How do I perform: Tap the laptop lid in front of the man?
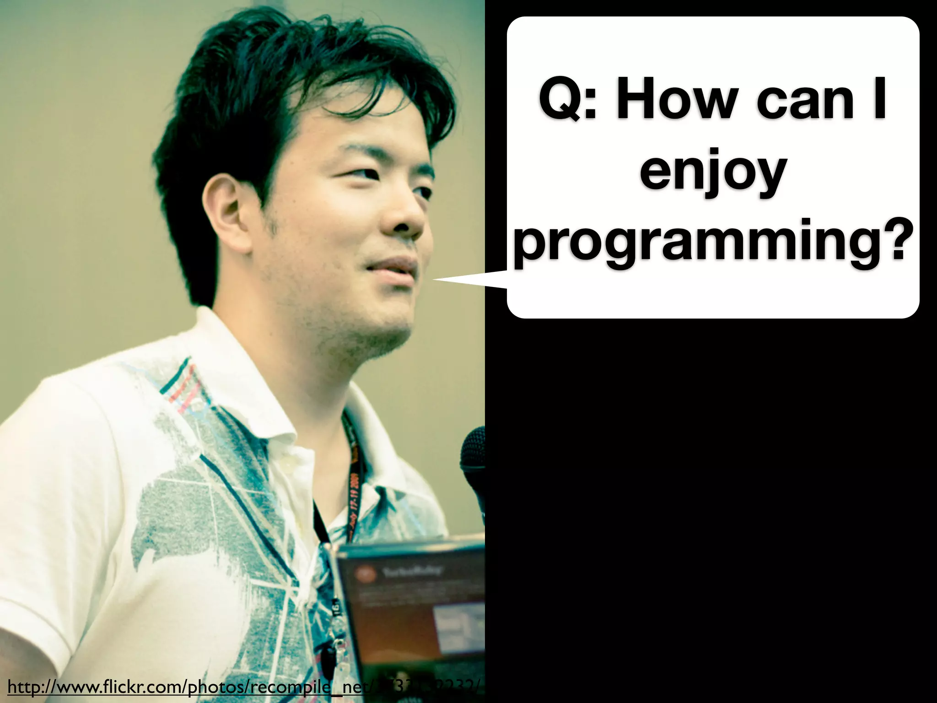coord(412,609)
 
